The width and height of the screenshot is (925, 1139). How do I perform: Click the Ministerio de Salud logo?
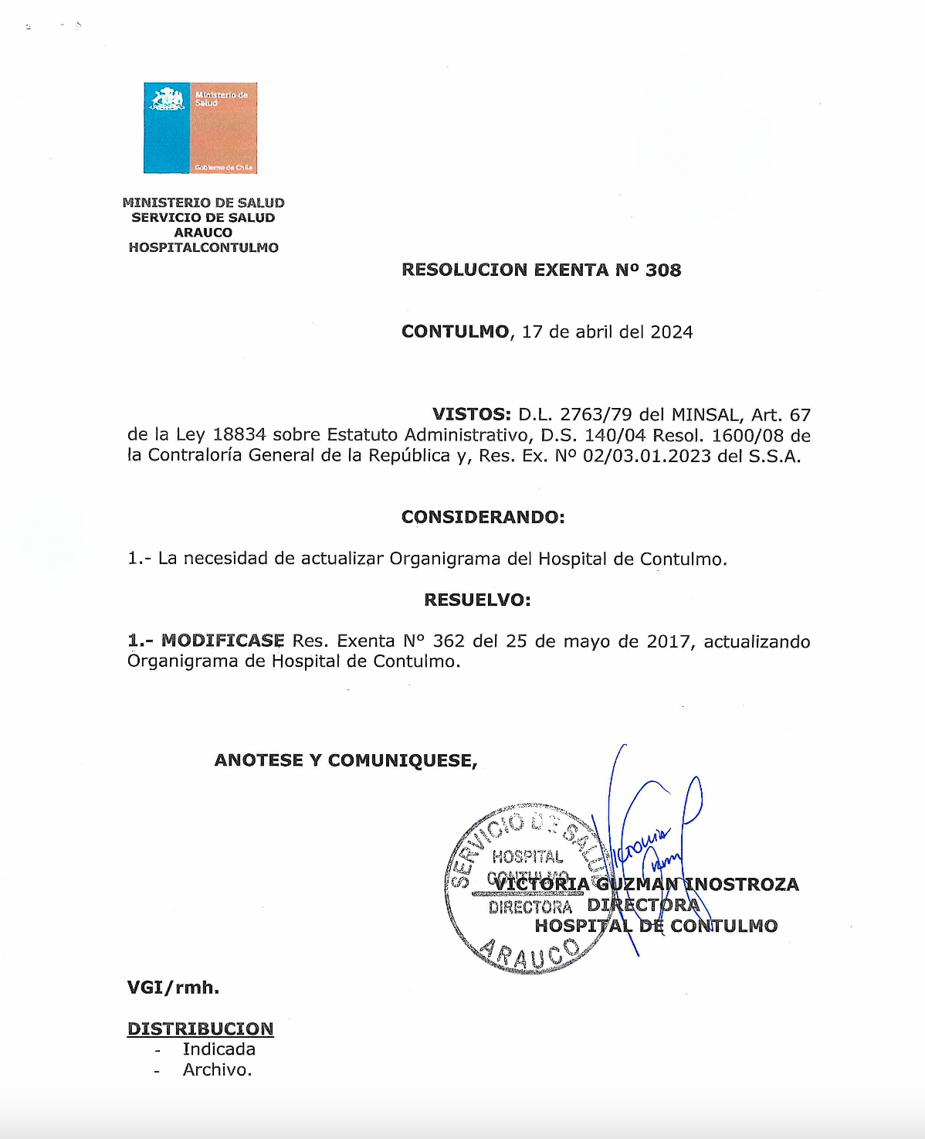click(200, 127)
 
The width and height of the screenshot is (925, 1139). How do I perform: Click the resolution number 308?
click(663, 270)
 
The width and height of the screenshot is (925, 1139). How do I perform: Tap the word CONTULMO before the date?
click(455, 332)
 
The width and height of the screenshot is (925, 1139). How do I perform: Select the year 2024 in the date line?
click(672, 332)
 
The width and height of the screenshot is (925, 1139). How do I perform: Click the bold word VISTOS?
click(471, 415)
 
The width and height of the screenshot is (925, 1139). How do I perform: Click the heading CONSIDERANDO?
click(483, 517)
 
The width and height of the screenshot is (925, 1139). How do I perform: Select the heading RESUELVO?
click(477, 600)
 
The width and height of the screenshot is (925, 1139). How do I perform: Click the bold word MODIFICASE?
click(222, 641)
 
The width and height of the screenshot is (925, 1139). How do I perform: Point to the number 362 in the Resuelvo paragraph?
click(449, 641)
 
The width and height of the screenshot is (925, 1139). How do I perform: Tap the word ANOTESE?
click(259, 760)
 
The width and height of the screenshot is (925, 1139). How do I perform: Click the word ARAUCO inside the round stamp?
click(529, 954)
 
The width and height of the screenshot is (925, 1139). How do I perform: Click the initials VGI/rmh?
click(173, 988)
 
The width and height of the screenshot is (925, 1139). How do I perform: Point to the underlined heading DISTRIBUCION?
click(200, 1029)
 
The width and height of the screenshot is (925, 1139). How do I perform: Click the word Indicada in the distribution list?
click(219, 1049)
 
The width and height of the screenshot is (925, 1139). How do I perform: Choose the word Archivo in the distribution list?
click(216, 1070)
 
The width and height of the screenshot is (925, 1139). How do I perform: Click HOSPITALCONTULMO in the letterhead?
click(203, 248)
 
